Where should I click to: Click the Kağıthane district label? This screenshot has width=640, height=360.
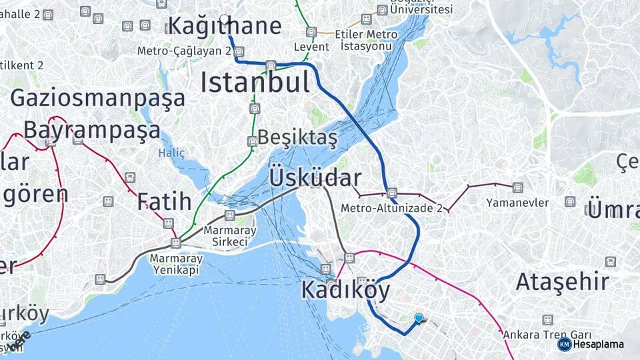coord(224,27)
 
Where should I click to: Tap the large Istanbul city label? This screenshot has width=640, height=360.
coord(255,83)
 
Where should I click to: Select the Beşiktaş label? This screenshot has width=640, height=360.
coord(297,137)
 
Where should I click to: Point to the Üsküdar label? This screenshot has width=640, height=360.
coord(315,178)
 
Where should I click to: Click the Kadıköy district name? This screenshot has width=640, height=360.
coord(345,290)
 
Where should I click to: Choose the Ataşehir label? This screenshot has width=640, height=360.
coord(562,281)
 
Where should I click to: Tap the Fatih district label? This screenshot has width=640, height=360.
coord(165,201)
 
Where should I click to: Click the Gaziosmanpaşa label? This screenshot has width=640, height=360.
coord(97,98)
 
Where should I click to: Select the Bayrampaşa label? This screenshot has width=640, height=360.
coord(92,129)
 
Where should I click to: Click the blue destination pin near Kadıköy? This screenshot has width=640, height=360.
coord(419,319)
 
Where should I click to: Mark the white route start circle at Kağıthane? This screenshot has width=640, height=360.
coord(224,19)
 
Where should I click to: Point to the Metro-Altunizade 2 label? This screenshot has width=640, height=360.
coord(391,208)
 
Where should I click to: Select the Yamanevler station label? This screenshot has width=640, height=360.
coord(517,202)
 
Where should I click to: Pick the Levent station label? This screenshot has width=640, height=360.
coord(311,47)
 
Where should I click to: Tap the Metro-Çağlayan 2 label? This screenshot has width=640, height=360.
coord(184,51)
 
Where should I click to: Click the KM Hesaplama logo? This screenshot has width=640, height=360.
coord(591,344)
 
